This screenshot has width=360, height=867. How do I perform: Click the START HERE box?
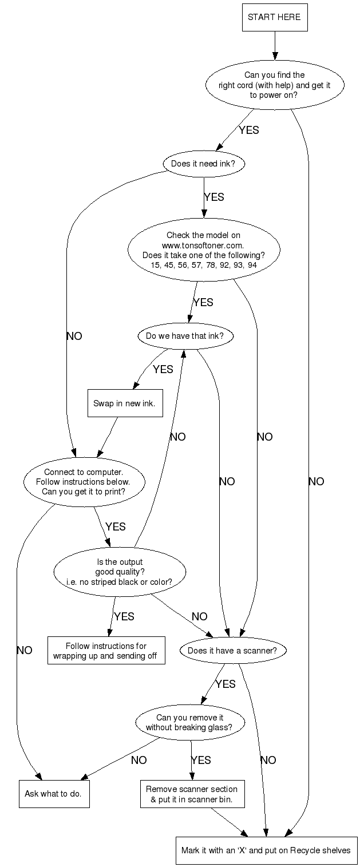click(275, 17)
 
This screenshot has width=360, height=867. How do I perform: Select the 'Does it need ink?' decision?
click(203, 164)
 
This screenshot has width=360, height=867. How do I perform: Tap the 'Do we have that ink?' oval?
click(185, 336)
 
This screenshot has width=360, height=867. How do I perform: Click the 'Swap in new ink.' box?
click(124, 404)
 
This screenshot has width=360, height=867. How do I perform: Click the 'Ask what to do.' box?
click(54, 794)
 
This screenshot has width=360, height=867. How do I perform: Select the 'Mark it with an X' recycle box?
click(266, 850)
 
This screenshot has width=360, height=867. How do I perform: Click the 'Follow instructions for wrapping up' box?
click(106, 651)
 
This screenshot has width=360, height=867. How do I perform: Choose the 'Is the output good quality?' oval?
click(120, 572)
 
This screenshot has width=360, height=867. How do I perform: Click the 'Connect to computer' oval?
click(84, 482)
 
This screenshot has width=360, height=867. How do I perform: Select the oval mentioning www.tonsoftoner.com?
click(204, 250)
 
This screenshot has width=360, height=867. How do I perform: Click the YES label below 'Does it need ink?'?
click(213, 197)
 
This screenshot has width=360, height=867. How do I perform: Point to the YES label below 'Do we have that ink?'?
click(163, 369)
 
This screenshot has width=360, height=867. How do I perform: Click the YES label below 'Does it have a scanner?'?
click(226, 684)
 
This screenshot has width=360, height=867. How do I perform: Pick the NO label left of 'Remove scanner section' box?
click(139, 760)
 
